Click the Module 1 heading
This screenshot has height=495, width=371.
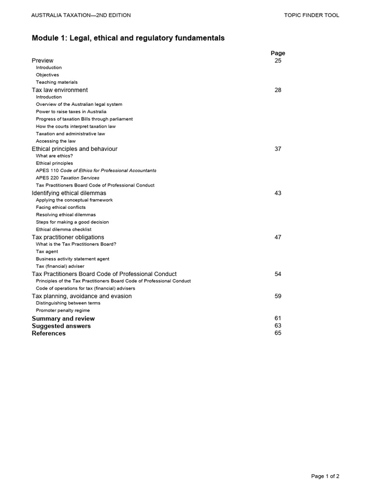(128, 38)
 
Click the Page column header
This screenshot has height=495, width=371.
(278, 53)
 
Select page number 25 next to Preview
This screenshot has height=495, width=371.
(278, 60)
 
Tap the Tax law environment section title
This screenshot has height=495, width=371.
(60, 90)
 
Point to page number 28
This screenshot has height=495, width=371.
(278, 90)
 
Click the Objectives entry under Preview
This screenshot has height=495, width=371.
(47, 75)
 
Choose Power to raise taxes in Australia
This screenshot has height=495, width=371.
(71, 112)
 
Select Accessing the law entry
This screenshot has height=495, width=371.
(56, 141)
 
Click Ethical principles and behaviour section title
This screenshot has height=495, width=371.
(74, 149)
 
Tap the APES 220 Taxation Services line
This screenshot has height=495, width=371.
(68, 178)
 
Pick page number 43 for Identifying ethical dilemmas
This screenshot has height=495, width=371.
(278, 193)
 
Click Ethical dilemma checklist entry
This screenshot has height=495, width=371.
(63, 230)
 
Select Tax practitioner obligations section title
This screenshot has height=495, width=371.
(68, 237)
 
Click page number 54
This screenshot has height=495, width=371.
(278, 274)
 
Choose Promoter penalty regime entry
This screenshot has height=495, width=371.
(63, 310)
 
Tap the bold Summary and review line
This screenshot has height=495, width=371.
(63, 319)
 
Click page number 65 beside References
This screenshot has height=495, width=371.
(278, 333)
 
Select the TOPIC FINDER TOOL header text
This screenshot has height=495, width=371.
(312, 15)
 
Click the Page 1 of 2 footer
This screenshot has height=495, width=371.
(325, 476)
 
